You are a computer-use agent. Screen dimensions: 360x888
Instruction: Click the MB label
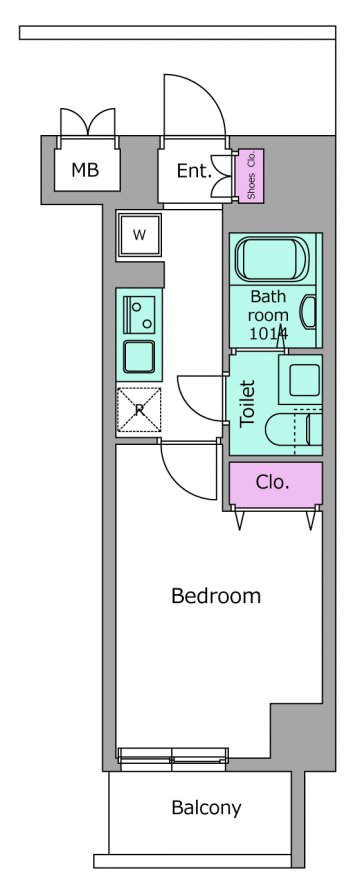coord(85,169)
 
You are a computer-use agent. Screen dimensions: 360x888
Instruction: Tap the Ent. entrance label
coord(194,170)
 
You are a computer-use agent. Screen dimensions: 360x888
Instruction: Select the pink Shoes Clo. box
coord(251,175)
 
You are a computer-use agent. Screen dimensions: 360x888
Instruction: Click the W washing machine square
coord(139,236)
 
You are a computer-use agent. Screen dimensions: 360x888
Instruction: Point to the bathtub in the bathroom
coord(272,258)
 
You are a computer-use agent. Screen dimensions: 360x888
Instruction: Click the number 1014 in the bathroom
coord(269,332)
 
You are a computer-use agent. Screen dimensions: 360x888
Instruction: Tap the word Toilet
coord(248,403)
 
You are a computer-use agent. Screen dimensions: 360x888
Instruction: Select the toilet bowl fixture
coord(294,430)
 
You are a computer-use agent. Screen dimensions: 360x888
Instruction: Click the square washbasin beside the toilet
coord(301,379)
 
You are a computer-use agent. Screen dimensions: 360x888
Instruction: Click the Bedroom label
coord(216,596)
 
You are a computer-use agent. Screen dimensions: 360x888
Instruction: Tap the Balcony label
coord(206,808)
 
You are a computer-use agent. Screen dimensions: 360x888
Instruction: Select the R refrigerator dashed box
coord(139,410)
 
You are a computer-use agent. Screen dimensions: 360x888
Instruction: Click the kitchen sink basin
coord(139,357)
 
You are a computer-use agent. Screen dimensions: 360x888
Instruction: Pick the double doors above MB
coord(88,121)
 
